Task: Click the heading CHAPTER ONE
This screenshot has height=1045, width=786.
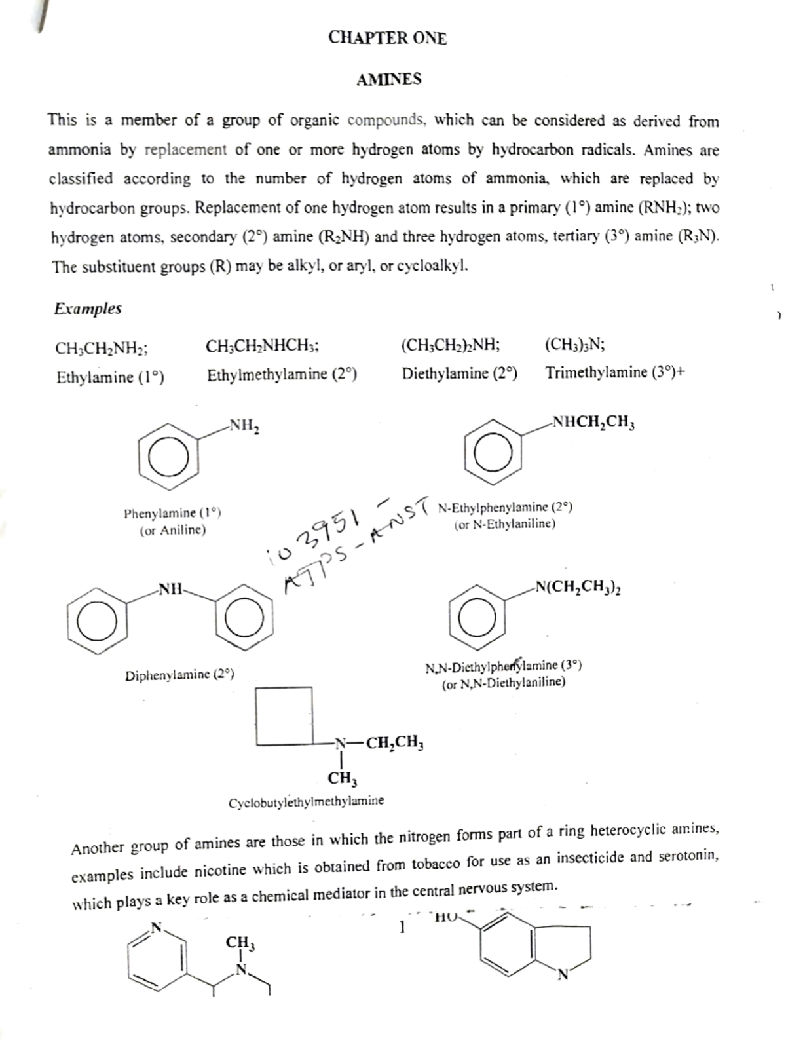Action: [x=387, y=38]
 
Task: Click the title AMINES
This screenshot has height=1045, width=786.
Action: [x=388, y=80]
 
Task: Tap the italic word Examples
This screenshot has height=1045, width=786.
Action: [x=88, y=309]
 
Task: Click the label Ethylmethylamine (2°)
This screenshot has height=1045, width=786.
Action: [x=282, y=375]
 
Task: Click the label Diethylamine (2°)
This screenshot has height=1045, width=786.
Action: [x=459, y=374]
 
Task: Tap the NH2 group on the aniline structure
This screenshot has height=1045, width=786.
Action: [x=243, y=427]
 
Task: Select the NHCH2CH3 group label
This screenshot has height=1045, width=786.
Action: [x=593, y=423]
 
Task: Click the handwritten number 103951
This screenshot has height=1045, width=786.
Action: [x=316, y=533]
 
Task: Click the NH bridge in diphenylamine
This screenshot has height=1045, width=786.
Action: [x=171, y=588]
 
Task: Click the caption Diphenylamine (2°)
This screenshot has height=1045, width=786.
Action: [x=179, y=675]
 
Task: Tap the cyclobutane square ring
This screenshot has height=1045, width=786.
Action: [x=284, y=715]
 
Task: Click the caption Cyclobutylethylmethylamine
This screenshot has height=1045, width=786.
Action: [x=306, y=801]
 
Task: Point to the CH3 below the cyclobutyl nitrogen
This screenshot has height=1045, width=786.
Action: [x=342, y=779]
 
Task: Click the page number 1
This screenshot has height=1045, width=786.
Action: [x=402, y=928]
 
